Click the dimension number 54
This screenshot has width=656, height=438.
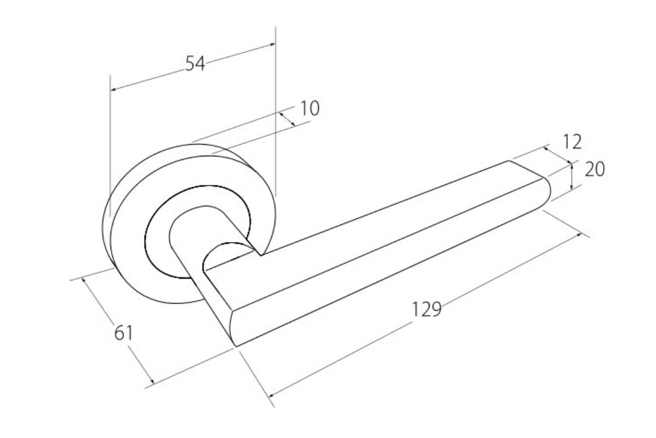[194, 63]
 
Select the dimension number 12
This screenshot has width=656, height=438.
[572, 142]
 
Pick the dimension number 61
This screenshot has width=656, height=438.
[124, 333]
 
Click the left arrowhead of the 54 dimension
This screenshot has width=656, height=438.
[114, 89]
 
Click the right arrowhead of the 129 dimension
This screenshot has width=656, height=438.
[579, 234]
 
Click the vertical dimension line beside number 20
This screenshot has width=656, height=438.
[572, 176]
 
